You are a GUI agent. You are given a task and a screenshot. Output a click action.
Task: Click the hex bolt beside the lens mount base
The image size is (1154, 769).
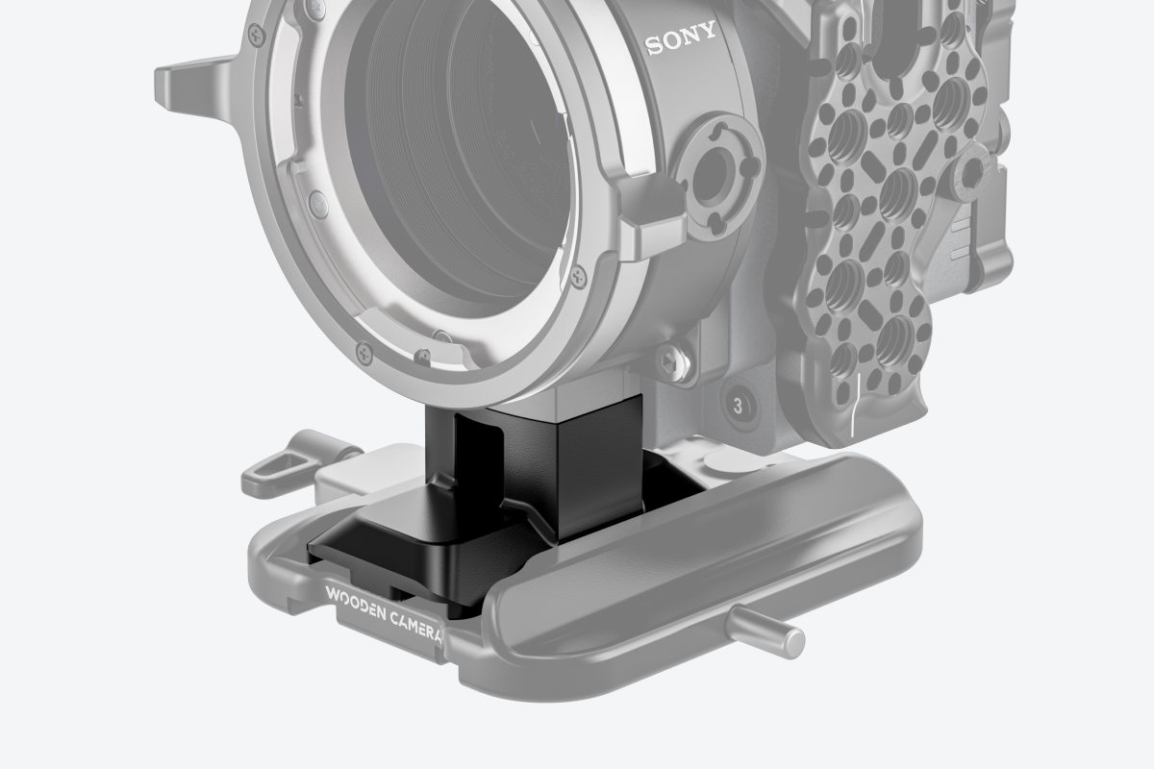[672, 361]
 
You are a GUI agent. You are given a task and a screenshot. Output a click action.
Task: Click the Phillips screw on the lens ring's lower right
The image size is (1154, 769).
[577, 276]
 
